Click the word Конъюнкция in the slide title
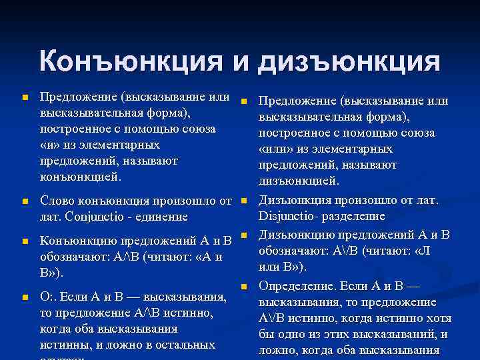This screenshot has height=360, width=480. [x=131, y=62]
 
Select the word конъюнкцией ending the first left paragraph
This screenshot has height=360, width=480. [x=81, y=177]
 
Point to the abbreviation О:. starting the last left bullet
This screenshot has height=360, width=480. [x=49, y=297]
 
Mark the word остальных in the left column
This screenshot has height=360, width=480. [x=190, y=345]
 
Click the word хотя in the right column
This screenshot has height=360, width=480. [x=437, y=318]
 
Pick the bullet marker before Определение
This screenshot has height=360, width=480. [x=244, y=287]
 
